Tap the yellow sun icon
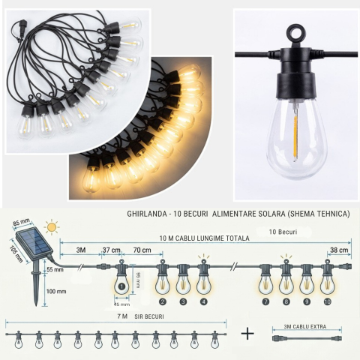tap(52, 227)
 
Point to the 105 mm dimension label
tap(16, 254)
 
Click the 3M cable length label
tap(81, 250)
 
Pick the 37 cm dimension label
tap(112, 250)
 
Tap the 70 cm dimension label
tap(142, 250)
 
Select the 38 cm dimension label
tap(339, 250)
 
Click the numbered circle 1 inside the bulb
tap(121, 286)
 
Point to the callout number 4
tap(204, 301)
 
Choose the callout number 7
tap(265, 301)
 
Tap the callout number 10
tap(327, 301)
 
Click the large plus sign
tap(247, 334)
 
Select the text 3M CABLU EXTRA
tap(305, 326)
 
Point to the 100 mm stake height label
tap(56, 292)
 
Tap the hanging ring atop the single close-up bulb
tap(295, 32)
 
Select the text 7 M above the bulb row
tap(122, 316)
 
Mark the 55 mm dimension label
tap(55, 269)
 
